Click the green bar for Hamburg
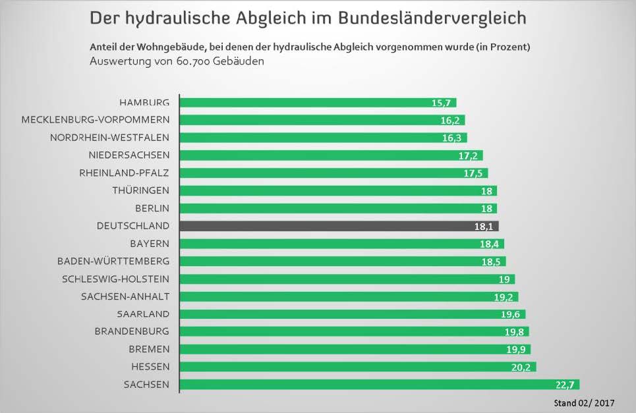[x=303, y=103]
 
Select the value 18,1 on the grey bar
[x=484, y=226]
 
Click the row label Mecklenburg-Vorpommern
[x=96, y=120]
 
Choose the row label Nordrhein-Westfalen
[x=110, y=138]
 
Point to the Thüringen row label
[x=141, y=190]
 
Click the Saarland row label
[x=143, y=314]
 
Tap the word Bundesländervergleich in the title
[x=432, y=18]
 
